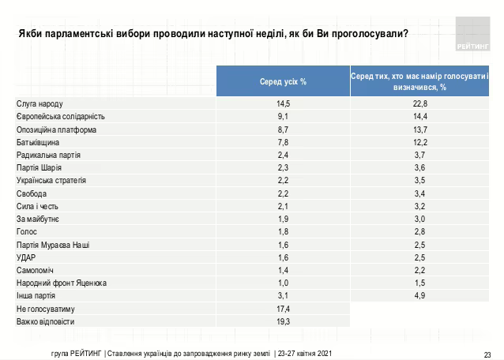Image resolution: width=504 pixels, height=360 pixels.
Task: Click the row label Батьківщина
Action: pyautogui.click(x=39, y=142)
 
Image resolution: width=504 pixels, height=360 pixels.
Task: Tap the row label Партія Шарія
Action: pyautogui.click(x=39, y=167)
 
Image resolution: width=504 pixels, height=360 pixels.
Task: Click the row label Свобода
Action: pyautogui.click(x=32, y=193)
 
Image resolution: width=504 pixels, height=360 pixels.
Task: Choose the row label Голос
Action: pyautogui.click(x=27, y=231)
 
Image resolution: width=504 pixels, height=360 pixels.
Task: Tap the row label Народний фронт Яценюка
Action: pyautogui.click(x=62, y=283)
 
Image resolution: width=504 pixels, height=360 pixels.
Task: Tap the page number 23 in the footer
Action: pyautogui.click(x=487, y=353)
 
